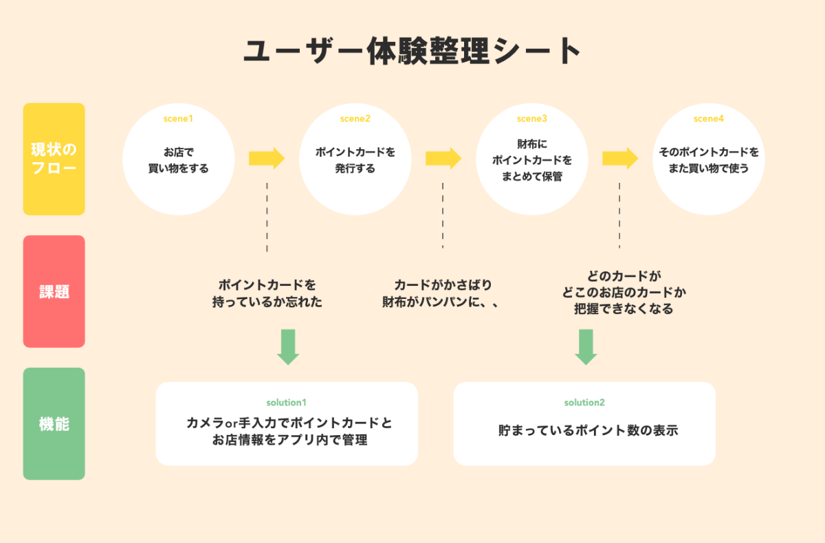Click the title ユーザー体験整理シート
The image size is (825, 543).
tap(412, 52)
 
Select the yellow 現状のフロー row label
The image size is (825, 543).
tap(54, 159)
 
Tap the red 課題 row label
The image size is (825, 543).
tap(54, 291)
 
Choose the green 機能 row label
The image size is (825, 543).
tap(54, 423)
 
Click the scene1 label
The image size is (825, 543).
tap(178, 119)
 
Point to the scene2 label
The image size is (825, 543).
tap(355, 119)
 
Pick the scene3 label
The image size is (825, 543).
tap(532, 119)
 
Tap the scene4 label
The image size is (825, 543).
tap(709, 119)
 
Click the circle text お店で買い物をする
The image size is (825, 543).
tap(178, 159)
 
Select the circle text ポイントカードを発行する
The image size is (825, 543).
tap(355, 159)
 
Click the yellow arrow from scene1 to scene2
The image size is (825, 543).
tap(266, 159)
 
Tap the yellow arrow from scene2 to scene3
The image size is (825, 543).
tap(443, 159)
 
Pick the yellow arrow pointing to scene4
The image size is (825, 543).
tap(620, 159)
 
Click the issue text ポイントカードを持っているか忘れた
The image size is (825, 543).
tap(267, 293)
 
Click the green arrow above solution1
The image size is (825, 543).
tap(288, 346)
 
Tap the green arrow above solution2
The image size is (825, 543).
tap(586, 346)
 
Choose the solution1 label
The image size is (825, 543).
tap(286, 402)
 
